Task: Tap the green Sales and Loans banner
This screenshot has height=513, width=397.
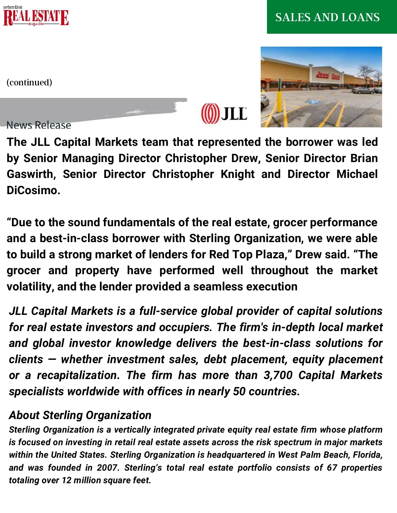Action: coord(331,17)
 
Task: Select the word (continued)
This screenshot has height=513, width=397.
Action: coord(29,82)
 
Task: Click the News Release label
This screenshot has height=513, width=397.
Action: coord(39,125)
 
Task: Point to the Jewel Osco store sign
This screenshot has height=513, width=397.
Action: coord(328,75)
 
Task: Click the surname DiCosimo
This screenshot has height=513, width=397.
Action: coord(33,191)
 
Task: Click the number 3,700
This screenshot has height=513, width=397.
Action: coord(278,375)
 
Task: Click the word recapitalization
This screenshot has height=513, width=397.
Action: coord(78,375)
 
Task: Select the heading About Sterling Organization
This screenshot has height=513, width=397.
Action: coord(80,415)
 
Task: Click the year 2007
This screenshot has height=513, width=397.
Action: coord(107,468)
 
